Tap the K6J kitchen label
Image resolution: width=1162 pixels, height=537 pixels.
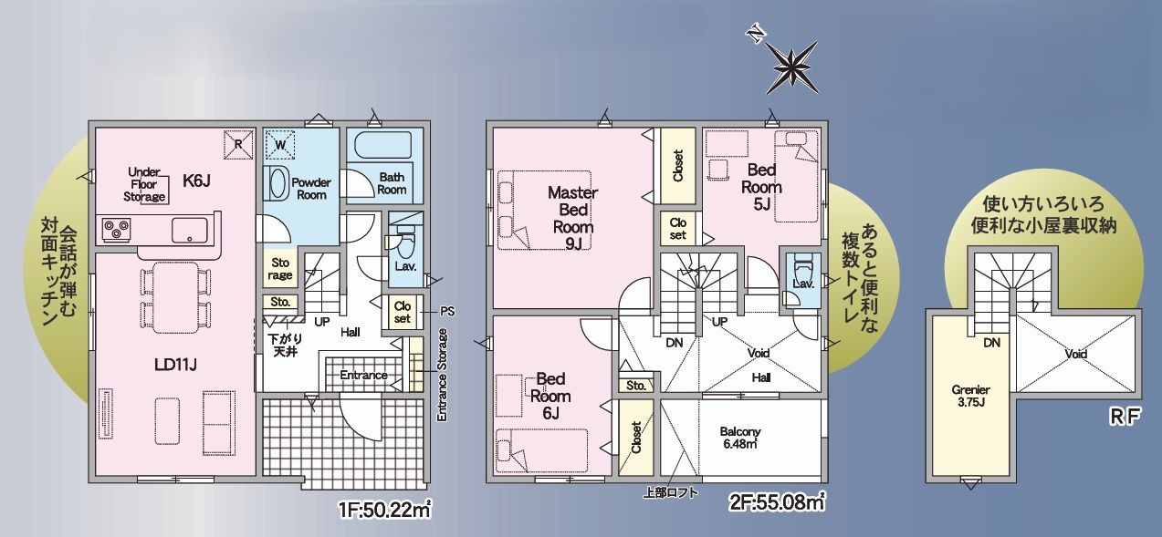(196, 181)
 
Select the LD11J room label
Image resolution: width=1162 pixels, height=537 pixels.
(176, 365)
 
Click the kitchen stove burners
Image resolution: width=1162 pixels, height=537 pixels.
(117, 229)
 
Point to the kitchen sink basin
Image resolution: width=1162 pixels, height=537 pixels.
(190, 231)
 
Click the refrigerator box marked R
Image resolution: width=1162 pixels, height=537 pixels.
(238, 145)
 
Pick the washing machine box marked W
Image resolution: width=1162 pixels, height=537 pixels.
(279, 145)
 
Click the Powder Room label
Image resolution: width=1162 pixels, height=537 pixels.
(311, 189)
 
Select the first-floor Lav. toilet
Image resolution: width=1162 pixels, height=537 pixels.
(405, 243)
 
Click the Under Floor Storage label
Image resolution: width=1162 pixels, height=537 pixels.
(144, 184)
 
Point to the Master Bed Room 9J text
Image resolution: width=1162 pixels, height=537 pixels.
(572, 218)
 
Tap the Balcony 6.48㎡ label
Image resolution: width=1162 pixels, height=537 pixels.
(740, 438)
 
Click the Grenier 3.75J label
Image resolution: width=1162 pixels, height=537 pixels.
(970, 396)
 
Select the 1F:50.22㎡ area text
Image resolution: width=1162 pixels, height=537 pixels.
(385, 510)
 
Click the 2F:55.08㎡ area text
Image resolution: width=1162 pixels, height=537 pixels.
(777, 501)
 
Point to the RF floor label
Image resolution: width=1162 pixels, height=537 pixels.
(1125, 417)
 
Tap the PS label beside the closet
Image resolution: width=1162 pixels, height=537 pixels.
(447, 312)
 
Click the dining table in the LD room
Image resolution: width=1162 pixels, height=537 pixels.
(176, 297)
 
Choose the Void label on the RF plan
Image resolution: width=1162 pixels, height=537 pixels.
(1076, 354)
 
